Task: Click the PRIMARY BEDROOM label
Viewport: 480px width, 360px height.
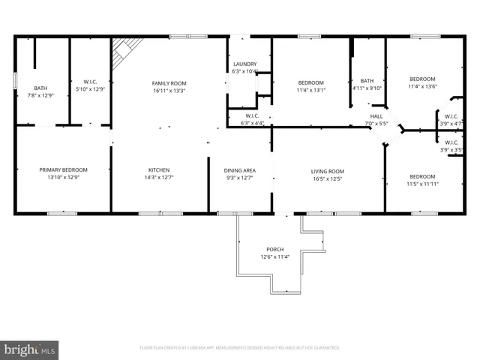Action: (x=64, y=170)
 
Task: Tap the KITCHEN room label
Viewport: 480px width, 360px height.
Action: (x=158, y=170)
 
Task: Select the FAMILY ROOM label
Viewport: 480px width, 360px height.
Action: (x=169, y=83)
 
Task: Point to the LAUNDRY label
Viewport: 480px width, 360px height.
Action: (x=245, y=64)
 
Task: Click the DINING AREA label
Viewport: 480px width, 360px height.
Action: (x=239, y=170)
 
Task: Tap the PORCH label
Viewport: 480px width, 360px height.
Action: (x=275, y=249)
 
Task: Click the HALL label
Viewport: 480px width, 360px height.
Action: (x=376, y=116)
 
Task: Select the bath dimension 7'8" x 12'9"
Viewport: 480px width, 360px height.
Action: (x=40, y=95)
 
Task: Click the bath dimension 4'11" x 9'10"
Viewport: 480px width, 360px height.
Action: (x=367, y=88)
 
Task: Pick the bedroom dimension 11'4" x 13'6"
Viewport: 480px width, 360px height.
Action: (x=421, y=86)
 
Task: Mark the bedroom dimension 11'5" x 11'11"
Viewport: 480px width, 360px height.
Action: (x=421, y=184)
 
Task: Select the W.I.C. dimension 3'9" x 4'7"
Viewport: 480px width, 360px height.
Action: (x=451, y=123)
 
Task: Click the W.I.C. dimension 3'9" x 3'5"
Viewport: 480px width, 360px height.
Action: (x=451, y=150)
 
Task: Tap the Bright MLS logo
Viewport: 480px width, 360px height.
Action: (x=30, y=349)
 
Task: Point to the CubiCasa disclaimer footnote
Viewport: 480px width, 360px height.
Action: (x=240, y=348)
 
